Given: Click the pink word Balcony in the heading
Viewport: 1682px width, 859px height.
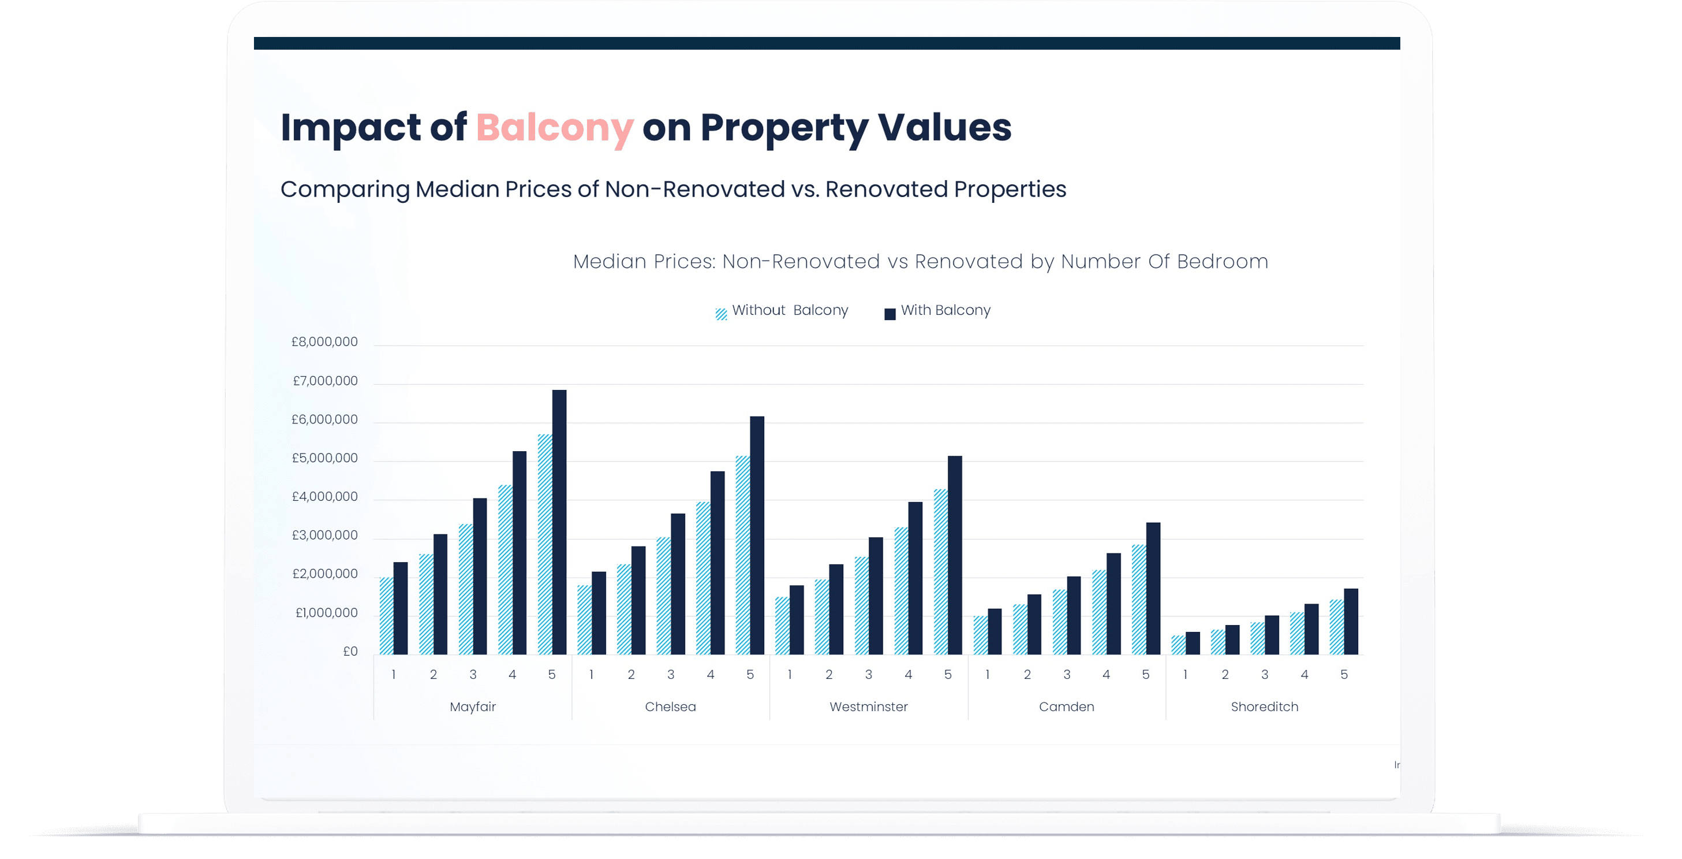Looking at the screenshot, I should click(x=554, y=128).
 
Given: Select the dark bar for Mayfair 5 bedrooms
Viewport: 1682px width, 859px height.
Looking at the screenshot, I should click(x=559, y=523).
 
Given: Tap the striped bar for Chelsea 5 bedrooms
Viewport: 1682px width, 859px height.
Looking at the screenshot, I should click(x=742, y=555).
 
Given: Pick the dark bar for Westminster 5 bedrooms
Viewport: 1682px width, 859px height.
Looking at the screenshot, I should click(x=955, y=555).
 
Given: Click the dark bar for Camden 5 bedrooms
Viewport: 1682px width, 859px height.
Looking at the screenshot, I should click(x=1153, y=588).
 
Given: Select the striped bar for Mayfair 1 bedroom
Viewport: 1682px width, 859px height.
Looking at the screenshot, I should click(x=386, y=616).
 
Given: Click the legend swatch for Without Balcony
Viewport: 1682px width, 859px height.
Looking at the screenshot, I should click(x=721, y=314).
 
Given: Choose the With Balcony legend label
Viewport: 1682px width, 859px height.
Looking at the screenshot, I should click(x=945, y=310).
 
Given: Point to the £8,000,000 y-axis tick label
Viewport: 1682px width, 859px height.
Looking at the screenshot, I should click(x=324, y=341).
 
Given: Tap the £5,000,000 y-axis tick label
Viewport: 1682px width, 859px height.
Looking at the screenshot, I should click(x=324, y=458).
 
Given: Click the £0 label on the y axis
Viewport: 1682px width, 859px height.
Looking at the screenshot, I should click(x=350, y=651).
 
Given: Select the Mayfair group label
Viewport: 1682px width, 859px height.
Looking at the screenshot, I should click(x=473, y=707).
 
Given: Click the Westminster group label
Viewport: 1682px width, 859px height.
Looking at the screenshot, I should click(x=869, y=707).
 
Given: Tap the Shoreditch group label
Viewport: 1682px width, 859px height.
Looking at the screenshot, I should click(x=1264, y=707).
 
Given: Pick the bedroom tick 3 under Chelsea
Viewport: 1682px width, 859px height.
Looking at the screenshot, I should click(x=671, y=675).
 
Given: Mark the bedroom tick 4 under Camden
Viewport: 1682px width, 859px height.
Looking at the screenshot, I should click(x=1106, y=675).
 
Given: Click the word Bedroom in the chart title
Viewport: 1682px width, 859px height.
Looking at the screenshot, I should click(x=1223, y=261).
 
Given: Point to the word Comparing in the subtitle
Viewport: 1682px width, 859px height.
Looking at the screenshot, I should click(x=345, y=189).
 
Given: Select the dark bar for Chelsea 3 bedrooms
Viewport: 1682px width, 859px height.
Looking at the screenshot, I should click(x=678, y=584).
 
